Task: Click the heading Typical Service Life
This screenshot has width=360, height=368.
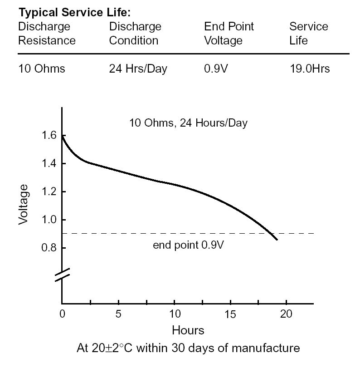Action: tap(74, 12)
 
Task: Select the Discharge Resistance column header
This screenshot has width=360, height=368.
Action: tap(47, 34)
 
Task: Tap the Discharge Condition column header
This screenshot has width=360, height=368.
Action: tap(135, 34)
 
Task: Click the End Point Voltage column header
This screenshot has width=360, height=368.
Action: tap(229, 34)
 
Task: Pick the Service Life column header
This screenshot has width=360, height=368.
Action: tap(308, 34)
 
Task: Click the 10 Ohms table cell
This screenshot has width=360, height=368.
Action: tap(41, 69)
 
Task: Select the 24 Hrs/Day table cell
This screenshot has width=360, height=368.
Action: tap(138, 69)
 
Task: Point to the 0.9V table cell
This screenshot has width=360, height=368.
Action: tap(216, 69)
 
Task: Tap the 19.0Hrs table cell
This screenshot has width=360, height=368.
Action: tap(309, 69)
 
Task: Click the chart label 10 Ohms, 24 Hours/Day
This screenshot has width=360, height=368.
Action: tap(188, 123)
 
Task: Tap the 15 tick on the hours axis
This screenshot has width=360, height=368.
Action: tap(230, 314)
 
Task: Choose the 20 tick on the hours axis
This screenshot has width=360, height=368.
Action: tap(287, 314)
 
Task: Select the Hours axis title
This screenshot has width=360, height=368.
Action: tap(188, 330)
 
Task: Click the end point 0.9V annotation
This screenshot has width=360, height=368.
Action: tap(188, 245)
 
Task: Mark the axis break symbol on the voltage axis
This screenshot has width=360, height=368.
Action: tap(62, 274)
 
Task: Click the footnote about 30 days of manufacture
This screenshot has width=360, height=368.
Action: tap(188, 348)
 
